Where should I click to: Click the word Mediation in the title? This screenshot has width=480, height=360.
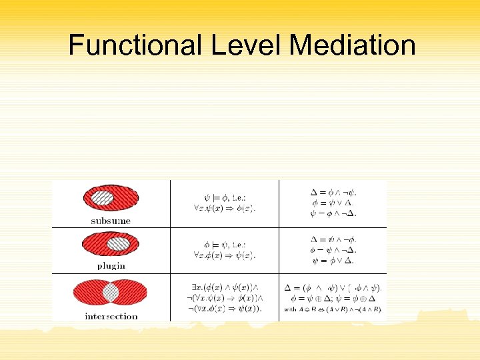pyautogui.click(x=353, y=45)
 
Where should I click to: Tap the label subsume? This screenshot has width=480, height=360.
pyautogui.click(x=111, y=221)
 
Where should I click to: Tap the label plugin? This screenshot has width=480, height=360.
pyautogui.click(x=110, y=265)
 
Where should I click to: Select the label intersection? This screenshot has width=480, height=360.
pyautogui.click(x=111, y=316)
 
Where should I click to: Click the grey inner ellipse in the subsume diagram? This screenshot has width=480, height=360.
pyautogui.click(x=102, y=197)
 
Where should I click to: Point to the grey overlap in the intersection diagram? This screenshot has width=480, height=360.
pyautogui.click(x=111, y=293)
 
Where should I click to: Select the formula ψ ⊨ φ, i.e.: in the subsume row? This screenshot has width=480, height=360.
pyautogui.click(x=224, y=197)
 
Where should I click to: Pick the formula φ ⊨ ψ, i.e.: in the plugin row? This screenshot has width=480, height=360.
pyautogui.click(x=224, y=244)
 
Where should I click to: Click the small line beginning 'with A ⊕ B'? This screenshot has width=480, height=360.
pyautogui.click(x=333, y=309)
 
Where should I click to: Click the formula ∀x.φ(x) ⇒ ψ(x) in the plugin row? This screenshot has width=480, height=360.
pyautogui.click(x=224, y=255)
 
